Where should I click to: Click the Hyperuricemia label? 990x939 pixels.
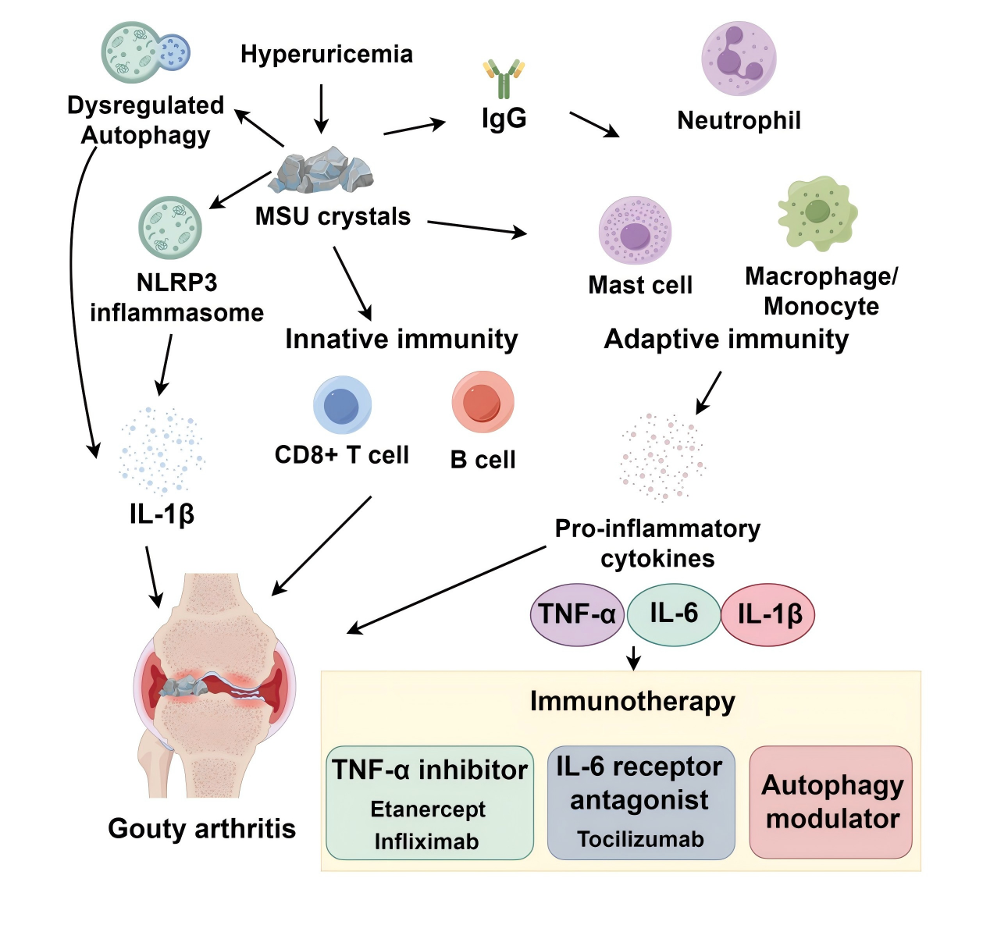(326, 54)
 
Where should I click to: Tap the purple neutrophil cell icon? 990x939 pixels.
(739, 59)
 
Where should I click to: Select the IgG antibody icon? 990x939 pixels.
(504, 79)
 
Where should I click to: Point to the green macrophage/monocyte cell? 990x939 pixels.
(817, 212)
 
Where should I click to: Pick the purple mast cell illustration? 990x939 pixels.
(635, 231)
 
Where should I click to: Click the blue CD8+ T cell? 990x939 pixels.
(342, 404)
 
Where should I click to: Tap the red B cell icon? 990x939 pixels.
(483, 402)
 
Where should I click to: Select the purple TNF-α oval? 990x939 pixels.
(577, 614)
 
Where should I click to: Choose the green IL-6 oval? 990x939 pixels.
(673, 614)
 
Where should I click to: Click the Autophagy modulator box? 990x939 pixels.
(832, 802)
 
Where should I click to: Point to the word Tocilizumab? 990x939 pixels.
(640, 839)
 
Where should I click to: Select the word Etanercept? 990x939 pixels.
(428, 809)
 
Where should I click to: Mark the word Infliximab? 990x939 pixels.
(426, 841)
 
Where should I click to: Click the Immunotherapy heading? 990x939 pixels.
(632, 701)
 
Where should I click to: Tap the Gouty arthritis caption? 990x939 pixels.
(201, 828)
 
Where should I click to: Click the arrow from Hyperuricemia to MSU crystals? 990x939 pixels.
(321, 108)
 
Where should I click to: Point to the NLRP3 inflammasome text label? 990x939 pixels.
(176, 297)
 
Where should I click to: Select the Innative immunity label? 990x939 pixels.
(401, 339)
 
